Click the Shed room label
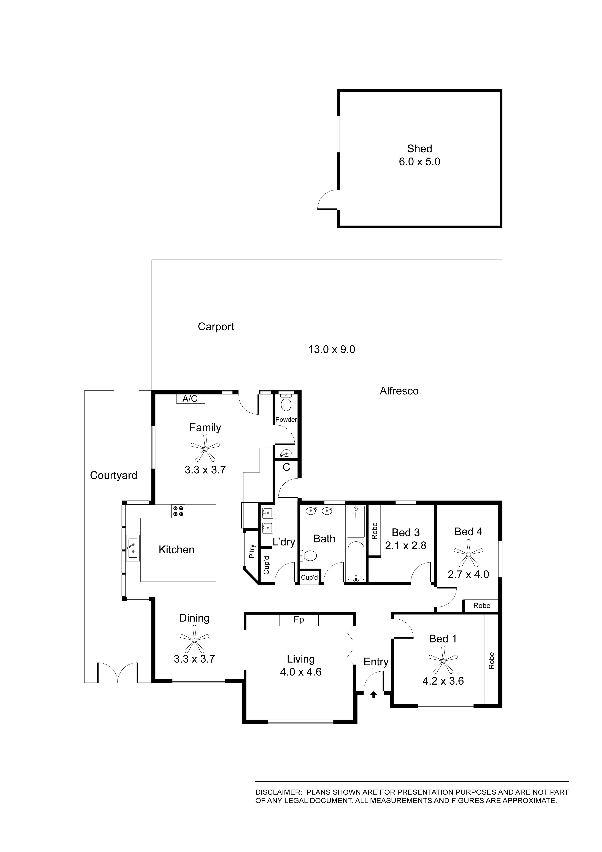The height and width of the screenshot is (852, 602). (419, 149)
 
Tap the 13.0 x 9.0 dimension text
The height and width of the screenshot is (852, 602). (332, 350)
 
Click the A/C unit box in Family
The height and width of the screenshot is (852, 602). (190, 399)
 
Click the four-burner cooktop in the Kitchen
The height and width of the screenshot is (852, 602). (178, 511)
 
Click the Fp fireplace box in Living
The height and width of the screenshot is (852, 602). (299, 620)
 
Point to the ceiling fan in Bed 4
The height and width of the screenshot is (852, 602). (468, 554)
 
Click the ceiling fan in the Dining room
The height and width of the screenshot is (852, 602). (194, 639)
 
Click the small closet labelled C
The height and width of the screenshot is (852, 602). (286, 467)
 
